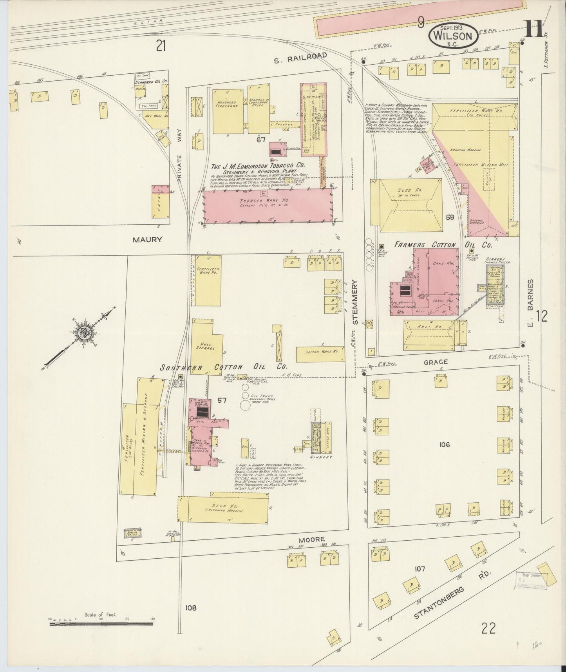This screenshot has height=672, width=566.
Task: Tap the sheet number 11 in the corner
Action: coord(533,29)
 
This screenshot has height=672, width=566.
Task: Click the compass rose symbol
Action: coord(84,334)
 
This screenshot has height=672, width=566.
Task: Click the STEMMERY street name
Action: coord(356,301)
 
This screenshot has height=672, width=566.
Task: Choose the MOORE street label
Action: coord(312,540)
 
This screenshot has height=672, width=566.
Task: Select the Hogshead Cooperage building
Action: coord(228,110)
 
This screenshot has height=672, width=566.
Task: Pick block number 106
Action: coord(444,445)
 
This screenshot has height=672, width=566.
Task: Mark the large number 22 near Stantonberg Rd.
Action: coord(489,628)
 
